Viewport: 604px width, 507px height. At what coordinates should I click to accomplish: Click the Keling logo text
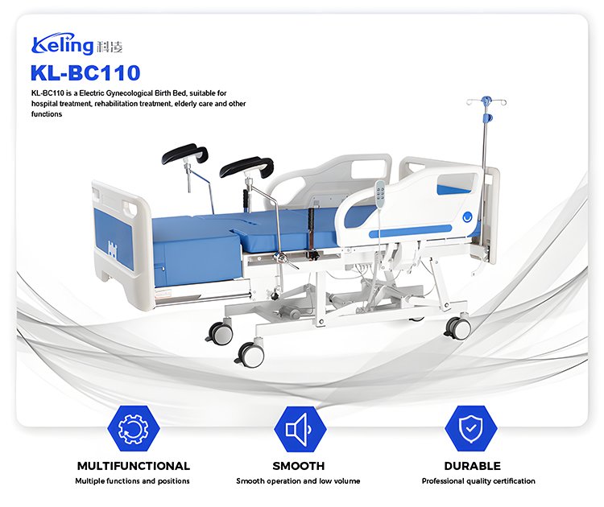pyautogui.click(x=63, y=43)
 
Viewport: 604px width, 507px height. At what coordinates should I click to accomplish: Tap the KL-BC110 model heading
pyautogui.click(x=85, y=72)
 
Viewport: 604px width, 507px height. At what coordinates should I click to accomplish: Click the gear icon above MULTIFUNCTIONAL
pyautogui.click(x=133, y=428)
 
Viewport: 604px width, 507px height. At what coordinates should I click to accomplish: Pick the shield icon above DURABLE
pyautogui.click(x=471, y=428)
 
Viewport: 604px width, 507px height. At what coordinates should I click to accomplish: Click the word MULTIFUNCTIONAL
pyautogui.click(x=133, y=466)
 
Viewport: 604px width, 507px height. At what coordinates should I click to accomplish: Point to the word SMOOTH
pyautogui.click(x=299, y=466)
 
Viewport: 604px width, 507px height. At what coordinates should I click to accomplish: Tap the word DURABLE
pyautogui.click(x=472, y=466)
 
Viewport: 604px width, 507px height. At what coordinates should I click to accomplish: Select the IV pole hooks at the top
pyautogui.click(x=486, y=102)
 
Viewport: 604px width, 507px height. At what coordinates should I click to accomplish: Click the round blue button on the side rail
pyautogui.click(x=467, y=217)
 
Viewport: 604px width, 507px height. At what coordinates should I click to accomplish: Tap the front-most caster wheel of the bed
pyautogui.click(x=250, y=354)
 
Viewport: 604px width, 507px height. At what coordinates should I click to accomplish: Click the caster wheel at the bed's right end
pyautogui.click(x=458, y=328)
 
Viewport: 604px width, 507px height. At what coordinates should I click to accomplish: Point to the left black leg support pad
pyautogui.click(x=185, y=154)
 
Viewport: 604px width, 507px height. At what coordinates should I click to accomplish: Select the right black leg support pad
pyautogui.click(x=247, y=167)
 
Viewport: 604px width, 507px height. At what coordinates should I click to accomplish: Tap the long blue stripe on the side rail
pyautogui.click(x=410, y=231)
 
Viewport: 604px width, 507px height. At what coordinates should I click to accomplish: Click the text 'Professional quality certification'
pyautogui.click(x=478, y=480)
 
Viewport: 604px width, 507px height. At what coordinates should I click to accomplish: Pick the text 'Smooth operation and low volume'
pyautogui.click(x=298, y=480)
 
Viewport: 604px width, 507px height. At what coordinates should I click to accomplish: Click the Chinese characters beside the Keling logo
pyautogui.click(x=110, y=47)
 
